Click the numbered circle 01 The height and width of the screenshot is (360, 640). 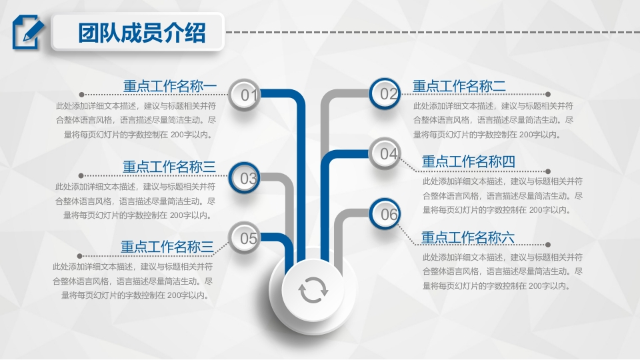pyautogui.click(x=244, y=95)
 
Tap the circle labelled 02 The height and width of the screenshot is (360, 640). pyautogui.click(x=385, y=94)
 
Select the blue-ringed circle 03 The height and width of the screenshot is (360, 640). pyautogui.click(x=245, y=178)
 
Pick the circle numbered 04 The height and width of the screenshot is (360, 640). pyautogui.click(x=385, y=153)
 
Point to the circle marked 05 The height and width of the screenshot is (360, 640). pyautogui.click(x=245, y=237)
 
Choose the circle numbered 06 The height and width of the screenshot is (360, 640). pyautogui.click(x=385, y=213)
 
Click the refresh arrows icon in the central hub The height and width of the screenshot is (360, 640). pyautogui.click(x=313, y=290)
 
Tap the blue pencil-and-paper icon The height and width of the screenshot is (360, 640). pyautogui.click(x=28, y=32)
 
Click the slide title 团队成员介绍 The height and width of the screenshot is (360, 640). pyautogui.click(x=141, y=33)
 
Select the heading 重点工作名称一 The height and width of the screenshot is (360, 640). pyautogui.click(x=170, y=86)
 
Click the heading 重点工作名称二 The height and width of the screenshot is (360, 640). pyautogui.click(x=459, y=86)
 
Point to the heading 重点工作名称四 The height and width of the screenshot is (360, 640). pyautogui.click(x=469, y=161)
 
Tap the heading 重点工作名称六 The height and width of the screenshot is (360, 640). pyautogui.click(x=468, y=237)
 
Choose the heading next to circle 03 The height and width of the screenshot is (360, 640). pyautogui.click(x=169, y=167)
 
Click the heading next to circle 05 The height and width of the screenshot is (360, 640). pyautogui.click(x=167, y=247)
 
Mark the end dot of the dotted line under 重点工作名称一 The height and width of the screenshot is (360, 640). pyautogui.click(x=81, y=95)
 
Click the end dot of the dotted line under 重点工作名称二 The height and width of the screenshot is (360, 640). pyautogui.click(x=548, y=94)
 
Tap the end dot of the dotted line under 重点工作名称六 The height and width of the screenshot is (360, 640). pyautogui.click(x=548, y=245)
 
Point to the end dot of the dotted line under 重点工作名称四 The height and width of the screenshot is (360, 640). pyautogui.click(x=548, y=171)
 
